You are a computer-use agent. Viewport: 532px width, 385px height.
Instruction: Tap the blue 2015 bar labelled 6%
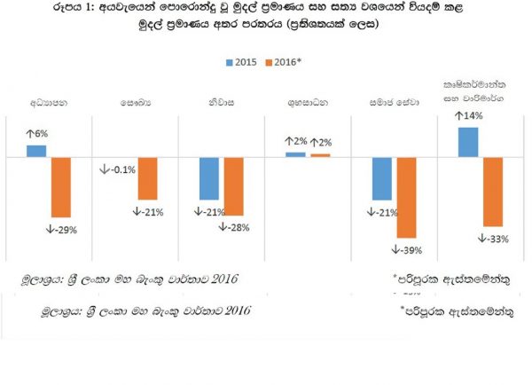coord(36,150)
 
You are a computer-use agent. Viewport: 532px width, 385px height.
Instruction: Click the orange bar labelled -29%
coord(60,186)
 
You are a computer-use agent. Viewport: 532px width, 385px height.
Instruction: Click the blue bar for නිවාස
coord(209,177)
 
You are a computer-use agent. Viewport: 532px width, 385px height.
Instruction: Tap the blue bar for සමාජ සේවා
coord(382,178)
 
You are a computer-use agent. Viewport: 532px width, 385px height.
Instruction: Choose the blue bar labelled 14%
coord(468,141)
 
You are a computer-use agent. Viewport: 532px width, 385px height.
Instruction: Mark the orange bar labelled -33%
coord(493,191)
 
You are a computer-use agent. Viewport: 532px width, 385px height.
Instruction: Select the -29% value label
coord(60,230)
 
